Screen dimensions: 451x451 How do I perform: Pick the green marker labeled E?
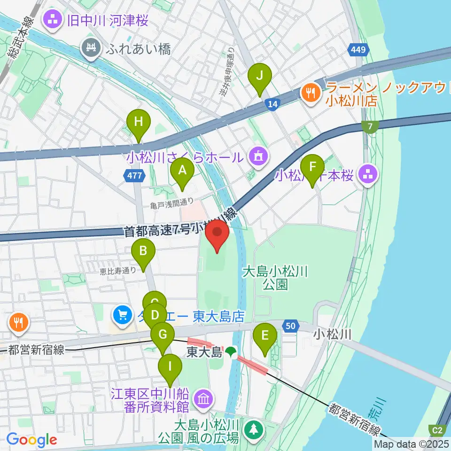264,337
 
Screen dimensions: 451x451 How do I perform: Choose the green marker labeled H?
138,123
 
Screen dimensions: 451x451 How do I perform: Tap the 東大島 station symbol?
230,351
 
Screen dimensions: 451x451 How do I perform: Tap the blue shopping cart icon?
123,314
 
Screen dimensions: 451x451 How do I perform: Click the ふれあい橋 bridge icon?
91,47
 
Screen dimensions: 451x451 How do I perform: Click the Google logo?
31,439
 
